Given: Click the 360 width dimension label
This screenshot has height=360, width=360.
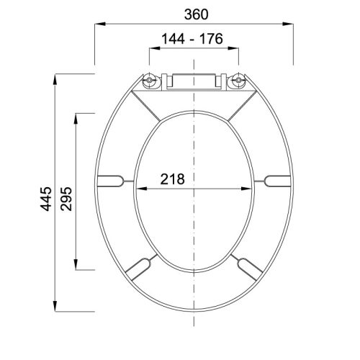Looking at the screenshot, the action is [x=196, y=14].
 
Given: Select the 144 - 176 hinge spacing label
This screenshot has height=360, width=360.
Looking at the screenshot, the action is [x=192, y=39].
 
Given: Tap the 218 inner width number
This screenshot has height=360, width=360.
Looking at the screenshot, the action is [x=173, y=179].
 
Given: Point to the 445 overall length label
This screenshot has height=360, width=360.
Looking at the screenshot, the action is [x=46, y=199].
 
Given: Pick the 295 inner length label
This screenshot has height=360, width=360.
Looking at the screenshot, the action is [x=66, y=199].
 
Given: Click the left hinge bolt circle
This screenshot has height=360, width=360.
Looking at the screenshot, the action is [x=150, y=80].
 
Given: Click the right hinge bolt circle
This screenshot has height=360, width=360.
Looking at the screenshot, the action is [x=238, y=80].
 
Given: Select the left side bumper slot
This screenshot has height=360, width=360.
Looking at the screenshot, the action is [x=111, y=181].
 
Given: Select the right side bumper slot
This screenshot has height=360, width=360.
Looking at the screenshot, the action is [x=277, y=181].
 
